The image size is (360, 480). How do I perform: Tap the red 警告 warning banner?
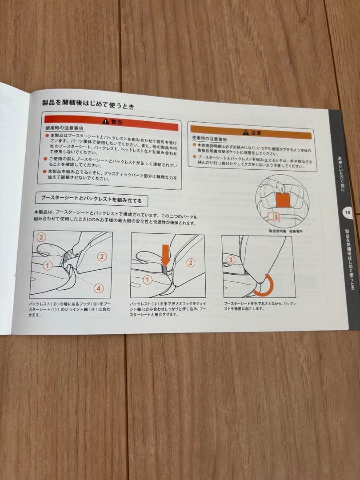[x=111, y=122]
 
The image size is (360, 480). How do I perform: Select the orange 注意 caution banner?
[x=251, y=132]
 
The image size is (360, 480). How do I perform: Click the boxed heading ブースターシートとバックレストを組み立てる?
[x=91, y=200]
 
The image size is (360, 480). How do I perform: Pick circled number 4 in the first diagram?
[x=99, y=288]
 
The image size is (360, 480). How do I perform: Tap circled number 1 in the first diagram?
[x=47, y=265]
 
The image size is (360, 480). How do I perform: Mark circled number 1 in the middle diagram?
[x=148, y=280]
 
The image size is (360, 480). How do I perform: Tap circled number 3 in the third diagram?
[x=230, y=260]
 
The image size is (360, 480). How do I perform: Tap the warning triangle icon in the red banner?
[x=105, y=121]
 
